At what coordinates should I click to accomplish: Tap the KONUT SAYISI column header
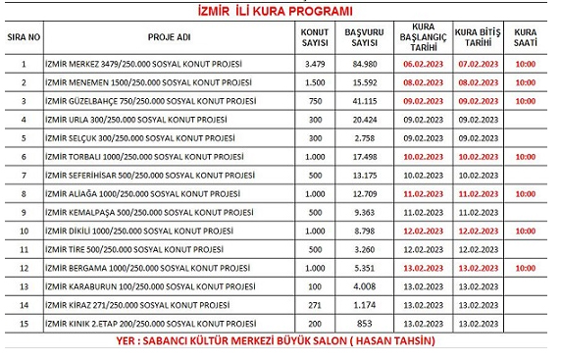316,39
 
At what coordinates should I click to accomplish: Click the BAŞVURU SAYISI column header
363,39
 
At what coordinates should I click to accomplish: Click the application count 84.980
363,65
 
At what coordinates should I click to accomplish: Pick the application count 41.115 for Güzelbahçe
363,101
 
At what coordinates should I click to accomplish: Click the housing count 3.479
316,65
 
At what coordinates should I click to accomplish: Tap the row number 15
23,323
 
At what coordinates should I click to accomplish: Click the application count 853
363,323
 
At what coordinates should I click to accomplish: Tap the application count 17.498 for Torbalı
363,157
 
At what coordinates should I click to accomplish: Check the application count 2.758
363,138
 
